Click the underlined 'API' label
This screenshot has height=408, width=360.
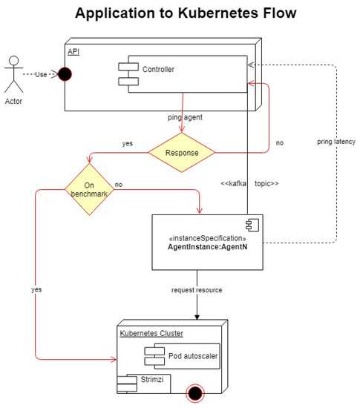tap(73, 50)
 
